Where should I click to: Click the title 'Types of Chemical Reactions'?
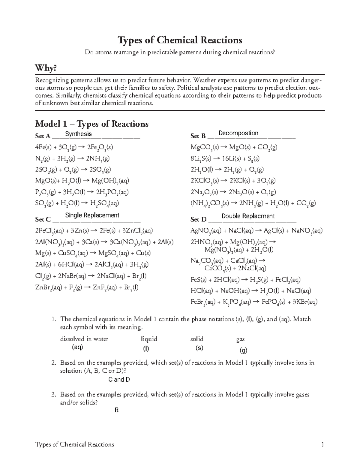tap(180, 40)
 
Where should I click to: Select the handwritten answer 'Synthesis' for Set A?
tap(78, 134)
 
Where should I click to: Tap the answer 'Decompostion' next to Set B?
tap(238, 133)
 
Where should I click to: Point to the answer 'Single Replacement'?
tap(92, 215)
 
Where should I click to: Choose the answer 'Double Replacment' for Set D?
tap(248, 216)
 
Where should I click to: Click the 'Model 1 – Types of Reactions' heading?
tap(92, 124)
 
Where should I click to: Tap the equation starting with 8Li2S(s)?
tap(225, 158)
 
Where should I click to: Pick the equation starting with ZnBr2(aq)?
tap(87, 287)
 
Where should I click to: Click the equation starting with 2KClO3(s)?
tap(233, 181)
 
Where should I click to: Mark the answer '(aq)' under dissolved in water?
tap(77, 347)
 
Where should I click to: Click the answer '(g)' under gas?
tap(243, 350)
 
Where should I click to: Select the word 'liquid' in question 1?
tap(149, 339)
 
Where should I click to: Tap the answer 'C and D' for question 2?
tap(119, 380)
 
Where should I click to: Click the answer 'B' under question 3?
tap(117, 410)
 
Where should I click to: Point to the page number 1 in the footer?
tap(322, 444)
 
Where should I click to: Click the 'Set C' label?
tap(43, 219)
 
